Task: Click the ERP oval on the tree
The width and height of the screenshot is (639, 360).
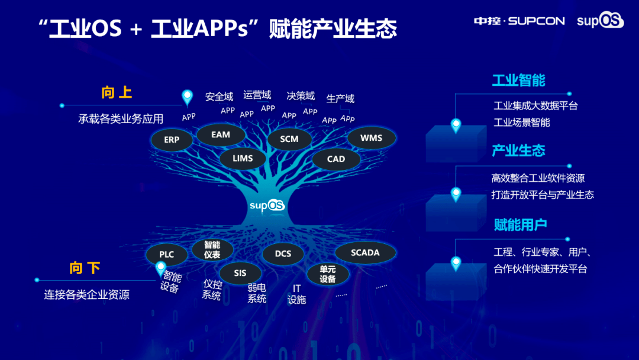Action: click(172, 140)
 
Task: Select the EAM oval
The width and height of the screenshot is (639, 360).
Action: click(221, 135)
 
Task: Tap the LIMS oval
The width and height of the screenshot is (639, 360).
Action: click(243, 159)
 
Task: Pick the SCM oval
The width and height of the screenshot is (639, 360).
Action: click(289, 139)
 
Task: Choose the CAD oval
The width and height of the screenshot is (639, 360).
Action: click(336, 159)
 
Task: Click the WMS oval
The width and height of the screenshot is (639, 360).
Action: click(371, 138)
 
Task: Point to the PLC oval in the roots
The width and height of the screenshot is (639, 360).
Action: click(167, 255)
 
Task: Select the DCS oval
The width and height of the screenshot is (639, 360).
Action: click(283, 254)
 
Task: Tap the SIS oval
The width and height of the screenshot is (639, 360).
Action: click(240, 273)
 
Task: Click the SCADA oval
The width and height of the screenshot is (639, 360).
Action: click(365, 253)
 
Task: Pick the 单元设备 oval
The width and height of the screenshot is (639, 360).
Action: click(328, 274)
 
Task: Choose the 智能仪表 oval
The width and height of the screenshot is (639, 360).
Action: click(212, 249)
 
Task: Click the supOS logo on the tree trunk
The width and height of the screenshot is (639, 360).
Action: click(267, 205)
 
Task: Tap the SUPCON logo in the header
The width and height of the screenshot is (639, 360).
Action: click(519, 21)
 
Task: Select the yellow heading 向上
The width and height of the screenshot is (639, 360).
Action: click(117, 93)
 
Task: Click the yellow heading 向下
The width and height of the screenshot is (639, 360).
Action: click(85, 268)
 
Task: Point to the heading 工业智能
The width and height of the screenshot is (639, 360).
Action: click(519, 81)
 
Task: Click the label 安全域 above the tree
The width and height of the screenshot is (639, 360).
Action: click(219, 97)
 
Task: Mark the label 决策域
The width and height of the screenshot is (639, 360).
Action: click(301, 96)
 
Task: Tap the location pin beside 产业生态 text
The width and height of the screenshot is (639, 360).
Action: click(456, 194)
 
